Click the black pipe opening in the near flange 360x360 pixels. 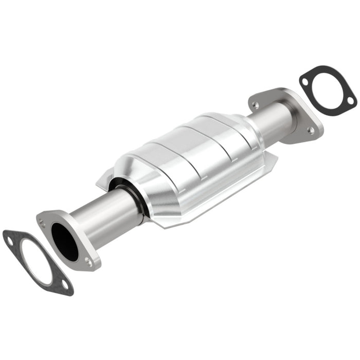[x=65, y=242]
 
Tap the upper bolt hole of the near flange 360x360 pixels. [x=43, y=223]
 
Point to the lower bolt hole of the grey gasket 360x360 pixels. [x=64, y=284]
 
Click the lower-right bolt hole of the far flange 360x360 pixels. [x=311, y=131]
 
